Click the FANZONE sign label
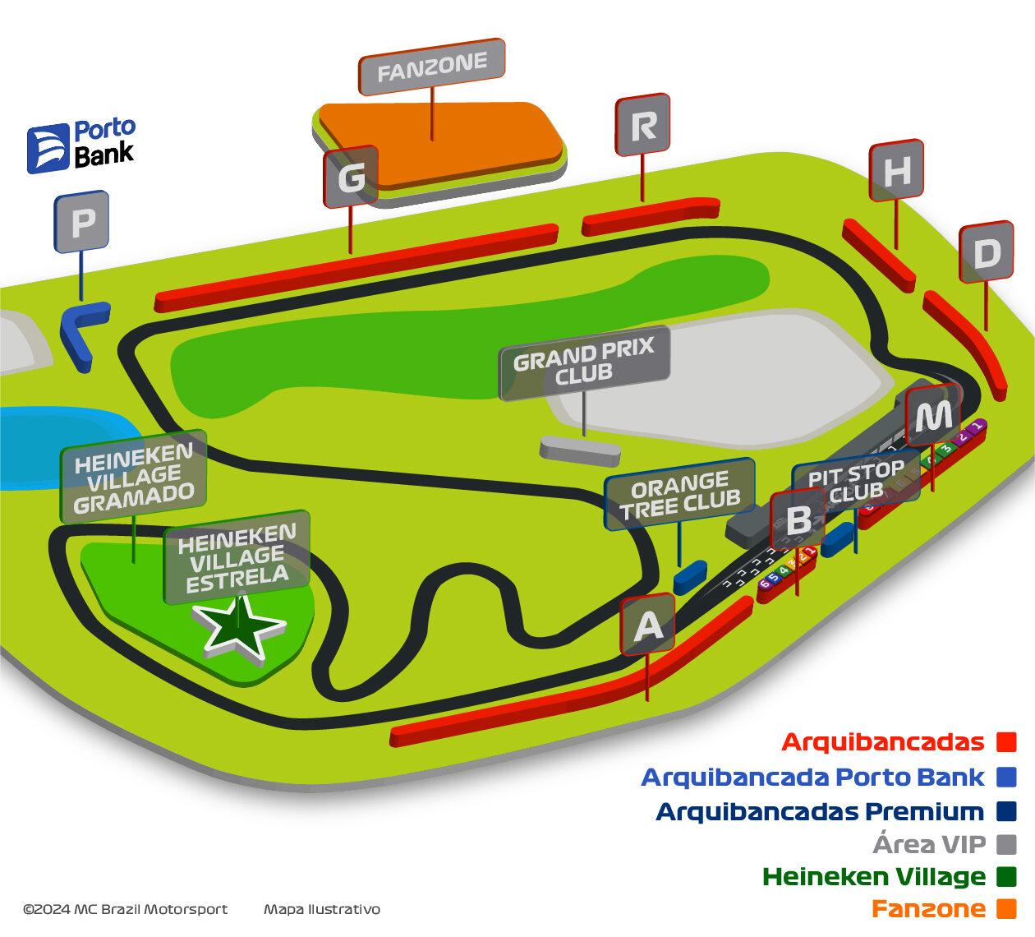point(432,67)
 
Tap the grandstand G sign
point(352,177)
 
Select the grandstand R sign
point(643,125)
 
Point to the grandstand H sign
point(897,170)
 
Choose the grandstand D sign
point(987,252)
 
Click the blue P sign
point(82,222)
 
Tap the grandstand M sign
point(933,416)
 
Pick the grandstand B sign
point(798,519)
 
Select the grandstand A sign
point(648,625)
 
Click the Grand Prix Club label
point(584,362)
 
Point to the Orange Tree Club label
point(680,495)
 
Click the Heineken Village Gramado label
point(134,477)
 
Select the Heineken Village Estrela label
point(237,558)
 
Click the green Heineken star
point(239,629)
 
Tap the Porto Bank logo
point(81,145)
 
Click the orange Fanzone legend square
point(1006,909)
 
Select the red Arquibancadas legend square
point(1006,742)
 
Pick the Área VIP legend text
point(929,844)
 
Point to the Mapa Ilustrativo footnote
point(322,909)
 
